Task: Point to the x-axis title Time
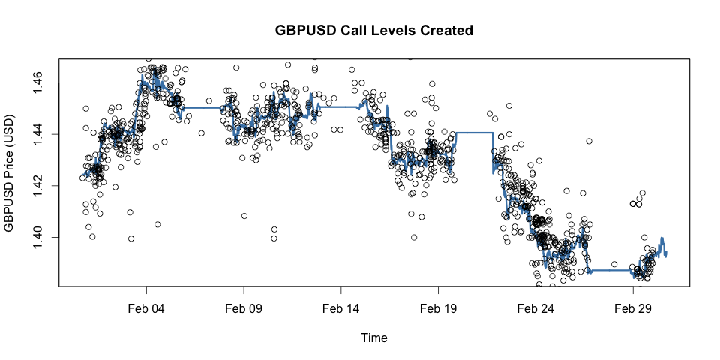[x=374, y=338]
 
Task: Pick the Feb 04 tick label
[x=146, y=308]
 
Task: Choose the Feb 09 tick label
[x=244, y=308]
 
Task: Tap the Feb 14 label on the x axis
[x=341, y=308]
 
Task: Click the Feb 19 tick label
[x=439, y=308]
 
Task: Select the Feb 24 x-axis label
[x=535, y=308]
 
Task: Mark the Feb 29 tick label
[x=633, y=308]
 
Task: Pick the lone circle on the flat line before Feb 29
[x=614, y=264]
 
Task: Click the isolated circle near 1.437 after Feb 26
[x=589, y=141]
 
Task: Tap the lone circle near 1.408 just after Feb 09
[x=244, y=216]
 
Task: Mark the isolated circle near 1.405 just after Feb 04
[x=157, y=224]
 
